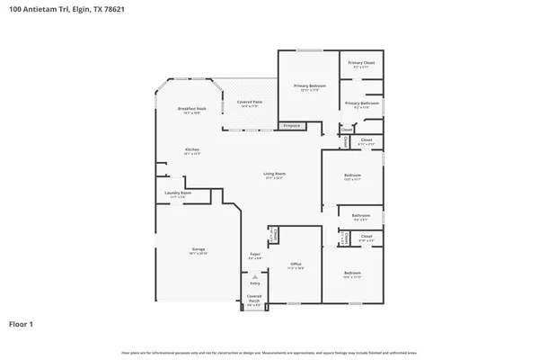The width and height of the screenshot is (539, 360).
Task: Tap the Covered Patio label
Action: (x=250, y=103)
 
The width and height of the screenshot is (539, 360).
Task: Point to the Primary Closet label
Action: (x=363, y=63)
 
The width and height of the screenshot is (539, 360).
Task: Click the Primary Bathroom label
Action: (x=362, y=103)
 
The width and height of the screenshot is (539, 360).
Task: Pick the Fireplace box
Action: (x=292, y=125)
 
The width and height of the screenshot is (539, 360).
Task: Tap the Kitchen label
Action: (x=192, y=149)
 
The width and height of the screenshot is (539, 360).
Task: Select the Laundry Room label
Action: (x=177, y=193)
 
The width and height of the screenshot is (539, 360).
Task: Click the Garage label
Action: (x=199, y=249)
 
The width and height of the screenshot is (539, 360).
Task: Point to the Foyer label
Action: (x=254, y=255)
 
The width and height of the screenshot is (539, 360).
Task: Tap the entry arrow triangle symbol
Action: (x=254, y=276)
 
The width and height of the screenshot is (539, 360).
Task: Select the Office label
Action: (x=296, y=265)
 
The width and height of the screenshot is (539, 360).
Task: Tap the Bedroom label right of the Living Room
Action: (x=352, y=175)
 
